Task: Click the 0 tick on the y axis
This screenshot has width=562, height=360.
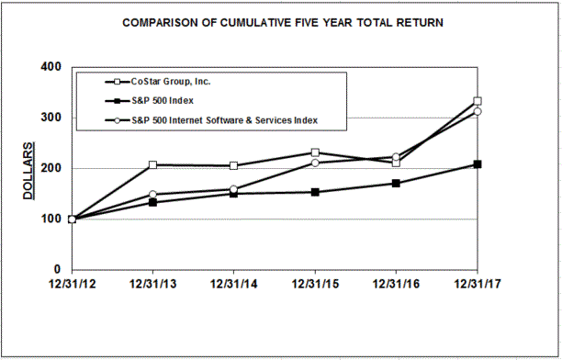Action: (x=57, y=269)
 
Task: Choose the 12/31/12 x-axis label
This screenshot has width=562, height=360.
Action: (x=71, y=282)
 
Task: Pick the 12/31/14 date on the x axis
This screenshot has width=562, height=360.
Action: (x=233, y=282)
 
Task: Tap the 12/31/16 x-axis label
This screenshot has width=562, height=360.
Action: (x=396, y=282)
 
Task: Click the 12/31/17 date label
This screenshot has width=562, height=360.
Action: (x=477, y=282)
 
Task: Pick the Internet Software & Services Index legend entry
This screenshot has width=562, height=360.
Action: (x=226, y=120)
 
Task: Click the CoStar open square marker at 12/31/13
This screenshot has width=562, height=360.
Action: (x=152, y=165)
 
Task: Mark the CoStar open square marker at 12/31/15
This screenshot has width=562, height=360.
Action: (x=315, y=153)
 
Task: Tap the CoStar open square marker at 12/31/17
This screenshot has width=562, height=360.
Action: (x=478, y=102)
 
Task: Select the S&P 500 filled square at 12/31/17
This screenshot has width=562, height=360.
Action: (x=478, y=164)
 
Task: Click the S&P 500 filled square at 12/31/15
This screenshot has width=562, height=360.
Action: (x=315, y=192)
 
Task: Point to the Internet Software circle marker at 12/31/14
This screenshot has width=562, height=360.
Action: (x=233, y=189)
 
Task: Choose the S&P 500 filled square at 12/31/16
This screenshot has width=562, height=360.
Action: (x=396, y=184)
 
